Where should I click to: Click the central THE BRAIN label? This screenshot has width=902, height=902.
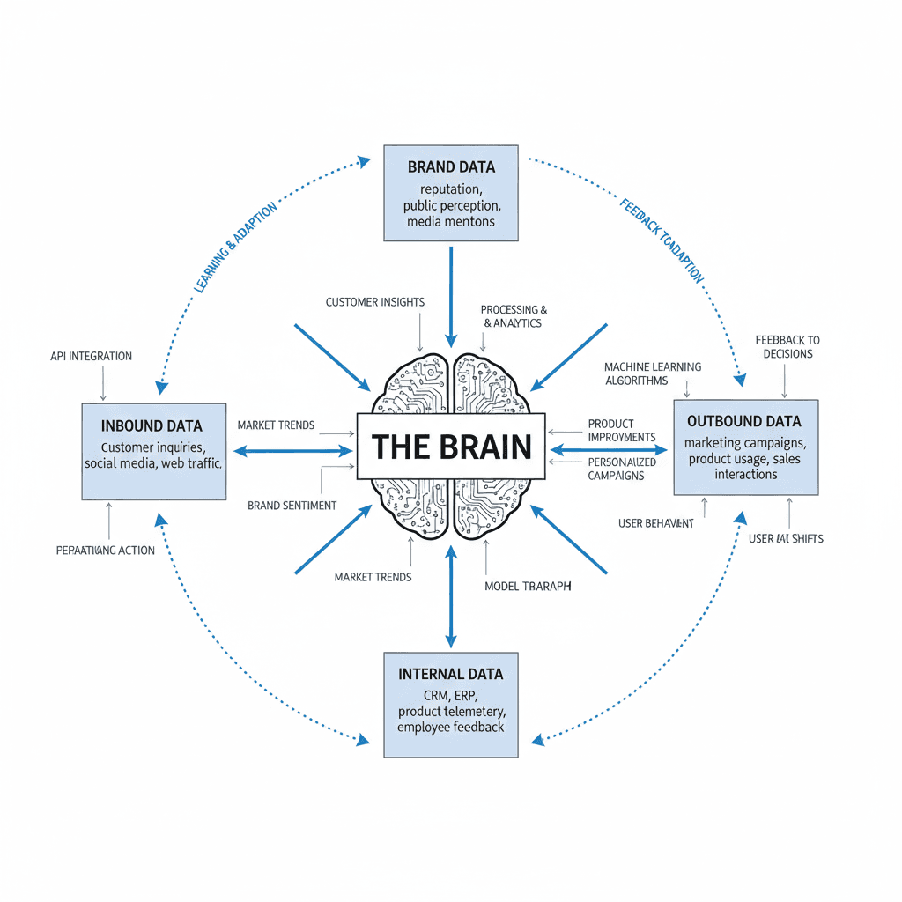pos(451,446)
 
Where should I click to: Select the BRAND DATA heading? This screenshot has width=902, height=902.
pos(451,166)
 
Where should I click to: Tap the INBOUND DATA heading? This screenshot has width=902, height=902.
pos(152,425)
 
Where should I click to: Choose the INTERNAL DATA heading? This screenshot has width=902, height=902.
pos(451,674)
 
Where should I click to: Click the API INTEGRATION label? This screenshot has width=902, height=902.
pos(92,356)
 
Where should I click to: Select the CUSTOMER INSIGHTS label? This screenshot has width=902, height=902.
pos(374,302)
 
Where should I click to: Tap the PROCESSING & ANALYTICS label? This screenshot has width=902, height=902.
pos(514,316)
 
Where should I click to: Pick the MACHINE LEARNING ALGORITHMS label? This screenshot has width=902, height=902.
pos(653,373)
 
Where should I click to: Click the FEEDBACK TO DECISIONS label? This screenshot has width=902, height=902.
pos(787,347)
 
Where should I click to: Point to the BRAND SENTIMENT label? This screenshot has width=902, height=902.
pos(292,506)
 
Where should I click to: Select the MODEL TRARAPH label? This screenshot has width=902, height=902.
pos(528,586)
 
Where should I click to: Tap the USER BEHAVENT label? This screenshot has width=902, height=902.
pos(656,523)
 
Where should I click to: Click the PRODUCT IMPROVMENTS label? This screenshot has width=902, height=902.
pos(621,430)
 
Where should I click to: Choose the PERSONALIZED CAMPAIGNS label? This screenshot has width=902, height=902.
pos(621,469)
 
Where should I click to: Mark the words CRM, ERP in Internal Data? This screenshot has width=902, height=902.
pos(451,695)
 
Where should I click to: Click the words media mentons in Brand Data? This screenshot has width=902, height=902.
pos(451,222)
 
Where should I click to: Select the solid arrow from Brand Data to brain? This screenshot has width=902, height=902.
pos(451,295)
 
